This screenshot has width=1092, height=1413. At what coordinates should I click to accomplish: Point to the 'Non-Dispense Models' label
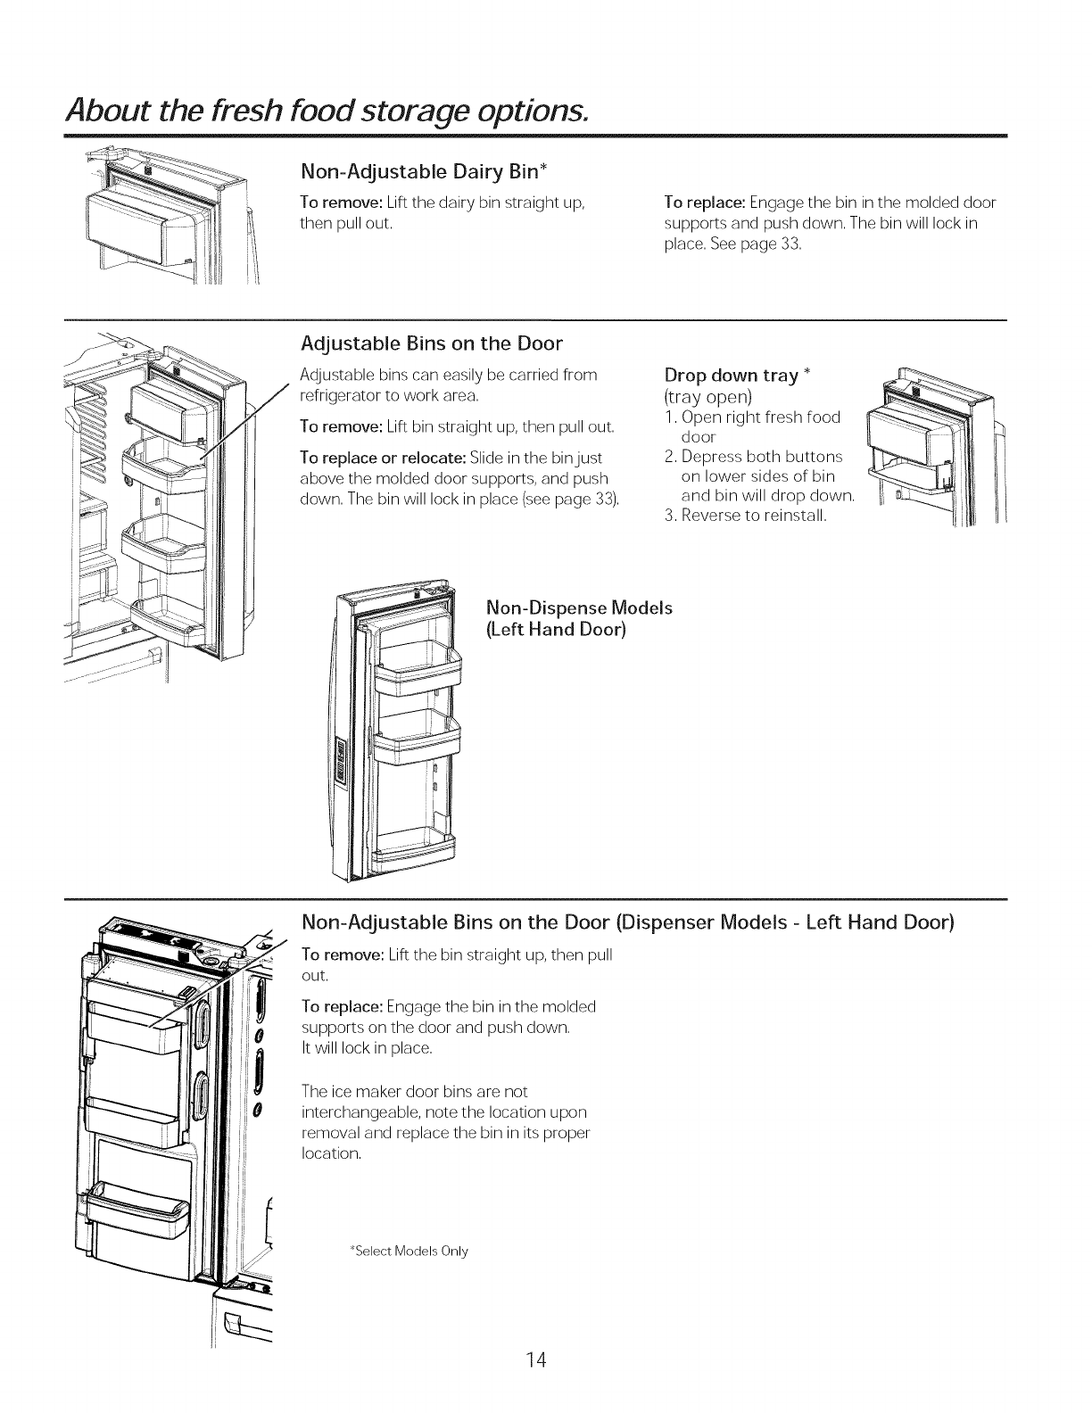[x=578, y=608]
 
